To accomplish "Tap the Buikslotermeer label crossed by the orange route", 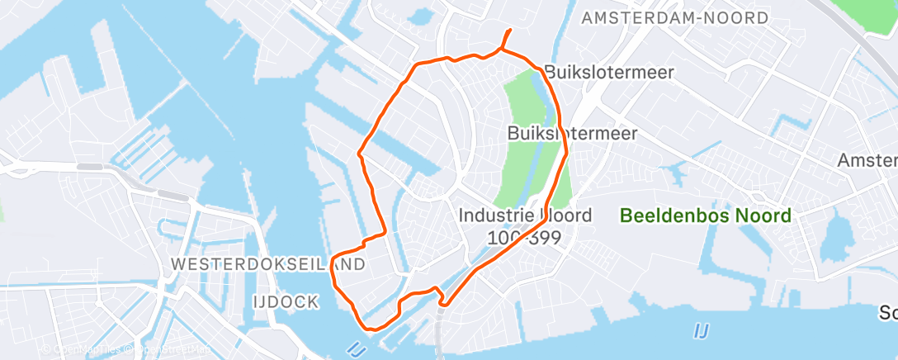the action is [572, 134].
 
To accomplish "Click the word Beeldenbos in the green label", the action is [660, 216].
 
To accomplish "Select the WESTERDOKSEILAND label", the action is [268, 264].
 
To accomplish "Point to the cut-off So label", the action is [888, 314].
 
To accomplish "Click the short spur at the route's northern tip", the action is [505, 37].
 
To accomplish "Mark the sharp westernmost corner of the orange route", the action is [358, 153].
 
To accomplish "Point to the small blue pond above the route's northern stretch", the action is [421, 15].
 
